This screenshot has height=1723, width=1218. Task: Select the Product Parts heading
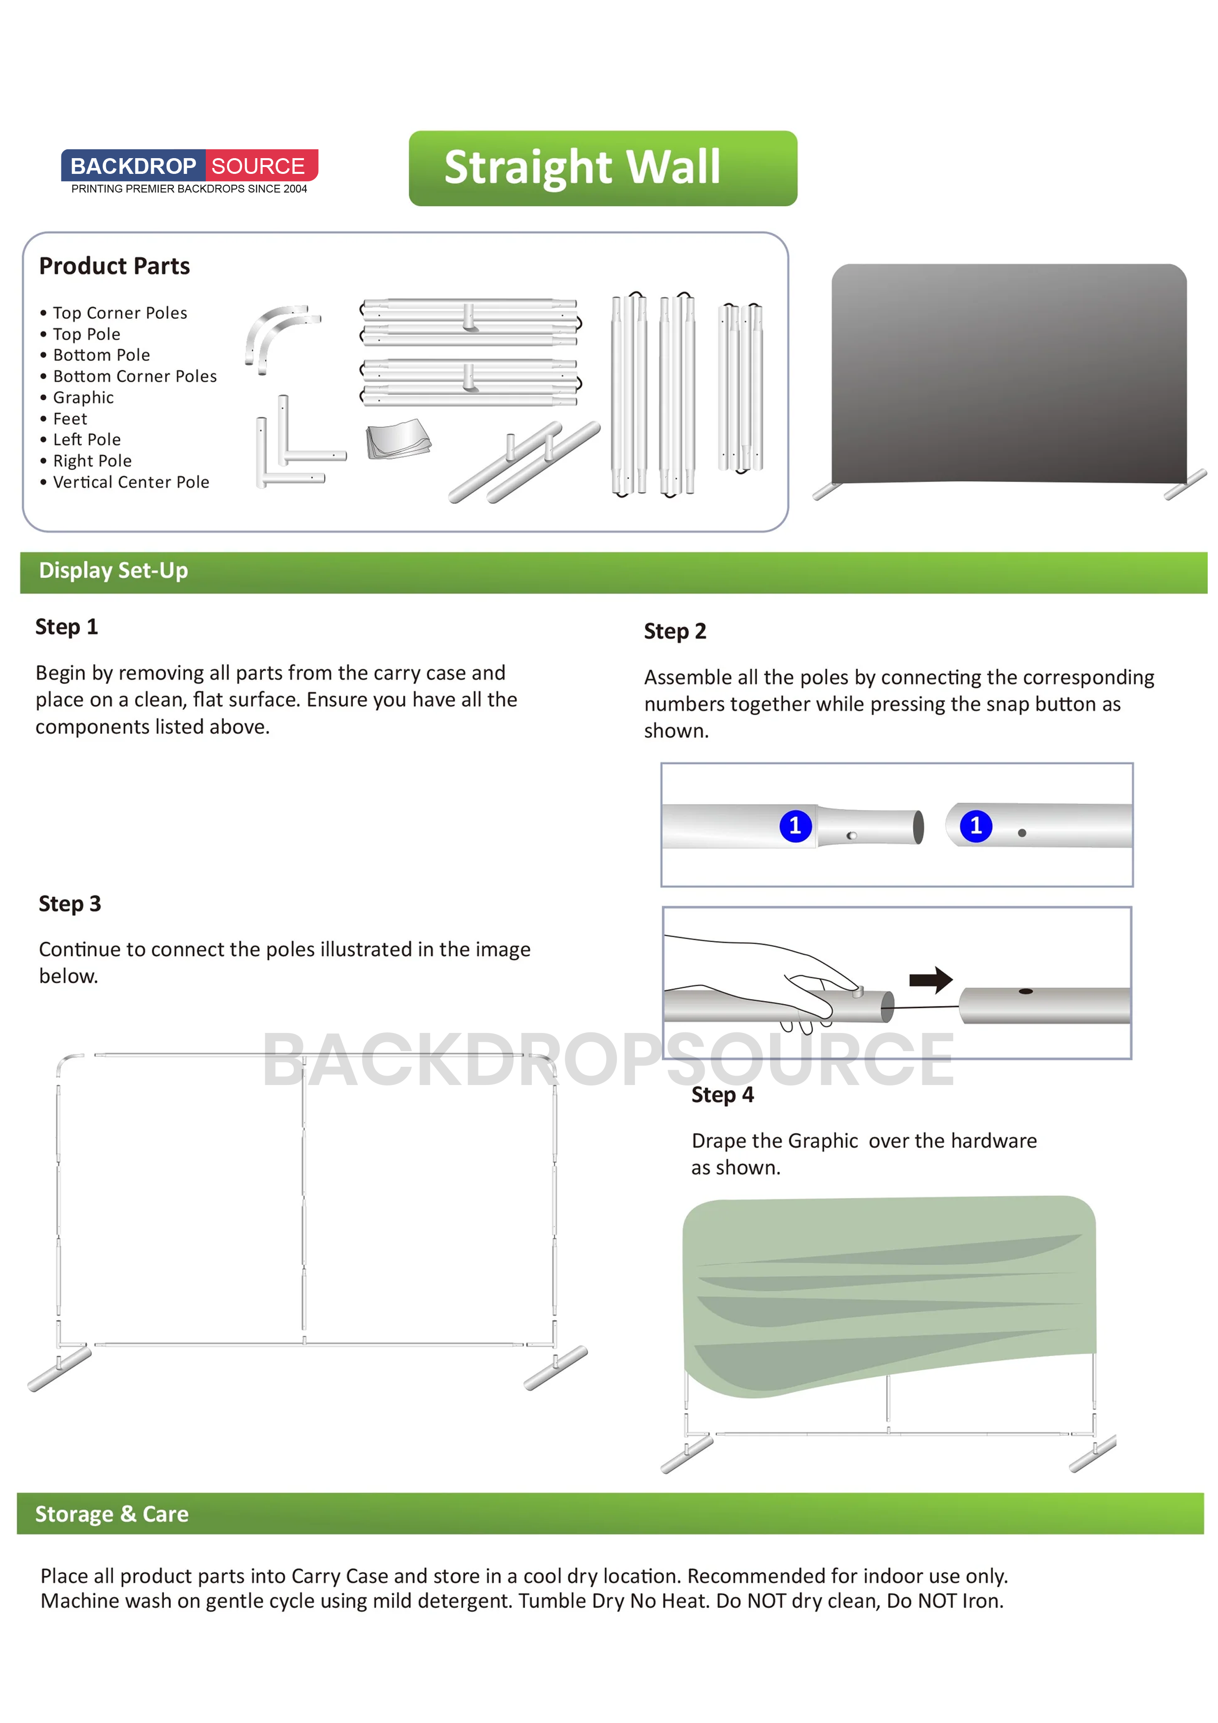click(114, 266)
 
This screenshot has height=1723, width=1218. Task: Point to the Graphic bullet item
click(83, 398)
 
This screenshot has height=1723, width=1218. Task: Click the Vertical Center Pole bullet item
click(131, 482)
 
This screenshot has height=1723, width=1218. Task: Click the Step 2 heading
click(675, 631)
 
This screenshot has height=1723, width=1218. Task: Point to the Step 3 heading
click(70, 904)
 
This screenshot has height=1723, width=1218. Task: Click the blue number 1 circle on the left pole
click(795, 826)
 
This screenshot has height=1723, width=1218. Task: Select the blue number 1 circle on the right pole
click(975, 826)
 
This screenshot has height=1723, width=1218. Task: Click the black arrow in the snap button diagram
click(931, 979)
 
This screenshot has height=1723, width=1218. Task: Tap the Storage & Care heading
click(112, 1514)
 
